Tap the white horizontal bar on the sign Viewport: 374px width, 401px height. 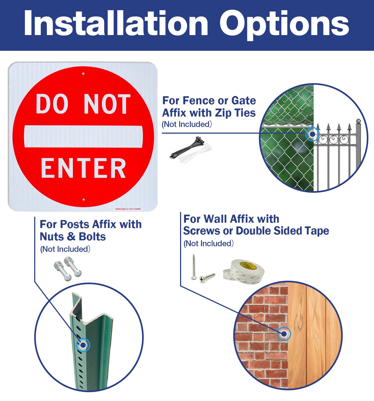[83, 136]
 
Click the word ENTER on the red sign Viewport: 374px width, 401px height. [83, 168]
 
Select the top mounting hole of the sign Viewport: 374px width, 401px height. [83, 74]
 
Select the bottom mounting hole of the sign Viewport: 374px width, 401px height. [84, 199]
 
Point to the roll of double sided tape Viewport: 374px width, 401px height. [244, 271]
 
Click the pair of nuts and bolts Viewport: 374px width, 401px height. [68, 268]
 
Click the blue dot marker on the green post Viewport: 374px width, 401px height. [83, 345]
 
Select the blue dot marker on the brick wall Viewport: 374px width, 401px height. [284, 334]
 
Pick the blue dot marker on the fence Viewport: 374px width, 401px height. [312, 134]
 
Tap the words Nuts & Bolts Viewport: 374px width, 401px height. [73, 237]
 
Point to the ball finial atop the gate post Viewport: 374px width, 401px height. [359, 121]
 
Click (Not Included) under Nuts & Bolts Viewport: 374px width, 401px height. [65, 249]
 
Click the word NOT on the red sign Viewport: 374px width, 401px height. [107, 104]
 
